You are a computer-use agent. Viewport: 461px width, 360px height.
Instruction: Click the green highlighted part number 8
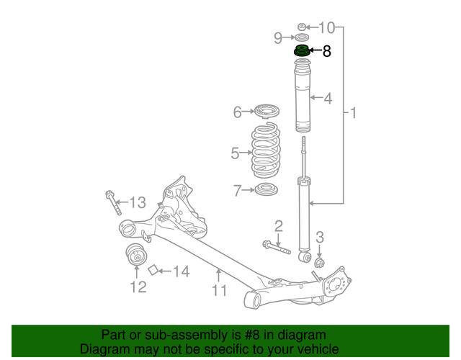[301, 53]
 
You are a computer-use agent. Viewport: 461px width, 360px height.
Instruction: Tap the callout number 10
[327, 28]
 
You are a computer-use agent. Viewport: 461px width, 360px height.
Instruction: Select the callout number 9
[278, 37]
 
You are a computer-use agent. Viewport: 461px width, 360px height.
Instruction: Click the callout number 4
[328, 98]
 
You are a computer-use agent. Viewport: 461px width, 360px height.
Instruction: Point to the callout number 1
[354, 113]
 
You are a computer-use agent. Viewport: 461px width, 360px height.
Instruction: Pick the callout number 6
[238, 112]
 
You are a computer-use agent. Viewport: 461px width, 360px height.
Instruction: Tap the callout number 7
[238, 191]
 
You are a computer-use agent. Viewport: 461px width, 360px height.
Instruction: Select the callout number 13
[137, 202]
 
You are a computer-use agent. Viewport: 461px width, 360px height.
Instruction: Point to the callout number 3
[321, 237]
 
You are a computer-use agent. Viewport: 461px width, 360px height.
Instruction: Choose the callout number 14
[181, 271]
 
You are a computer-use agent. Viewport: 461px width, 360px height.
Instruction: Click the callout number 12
[138, 287]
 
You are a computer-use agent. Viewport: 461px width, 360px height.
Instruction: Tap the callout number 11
[219, 290]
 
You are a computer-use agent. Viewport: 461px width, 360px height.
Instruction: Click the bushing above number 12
[135, 255]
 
